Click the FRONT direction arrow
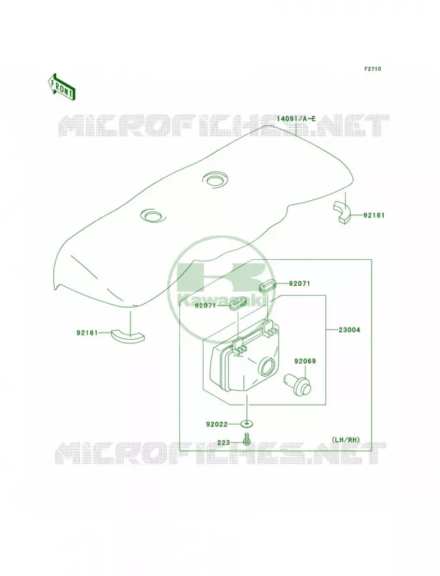tap(62, 86)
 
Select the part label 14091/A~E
tap(296, 119)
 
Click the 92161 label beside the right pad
tap(374, 215)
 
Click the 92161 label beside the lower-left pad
tap(87, 333)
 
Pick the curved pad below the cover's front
tap(127, 336)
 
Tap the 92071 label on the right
tap(300, 284)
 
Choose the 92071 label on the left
tap(205, 305)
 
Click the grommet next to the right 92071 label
tap(268, 286)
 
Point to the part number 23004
tap(349, 330)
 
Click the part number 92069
tap(305, 361)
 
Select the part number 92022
tap(217, 424)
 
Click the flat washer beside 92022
tap(247, 424)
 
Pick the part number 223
tap(223, 443)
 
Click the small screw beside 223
tap(246, 438)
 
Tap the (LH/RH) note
tap(345, 439)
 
